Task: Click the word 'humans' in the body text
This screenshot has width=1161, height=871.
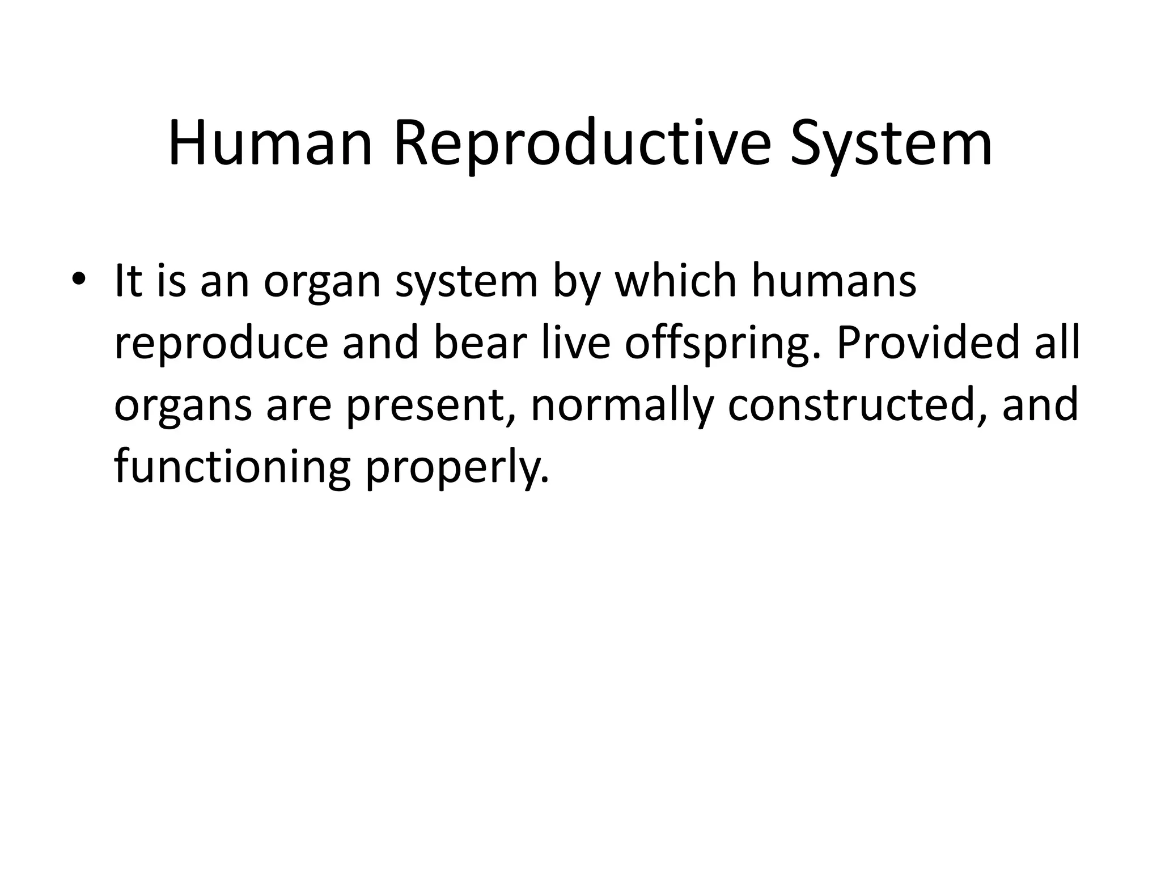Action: (x=834, y=281)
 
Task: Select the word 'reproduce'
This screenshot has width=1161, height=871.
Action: (x=221, y=344)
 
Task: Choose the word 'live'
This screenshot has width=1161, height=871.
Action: (x=575, y=344)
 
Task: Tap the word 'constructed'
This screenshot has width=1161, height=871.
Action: (x=857, y=406)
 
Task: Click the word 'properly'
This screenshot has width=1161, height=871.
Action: (x=457, y=468)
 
